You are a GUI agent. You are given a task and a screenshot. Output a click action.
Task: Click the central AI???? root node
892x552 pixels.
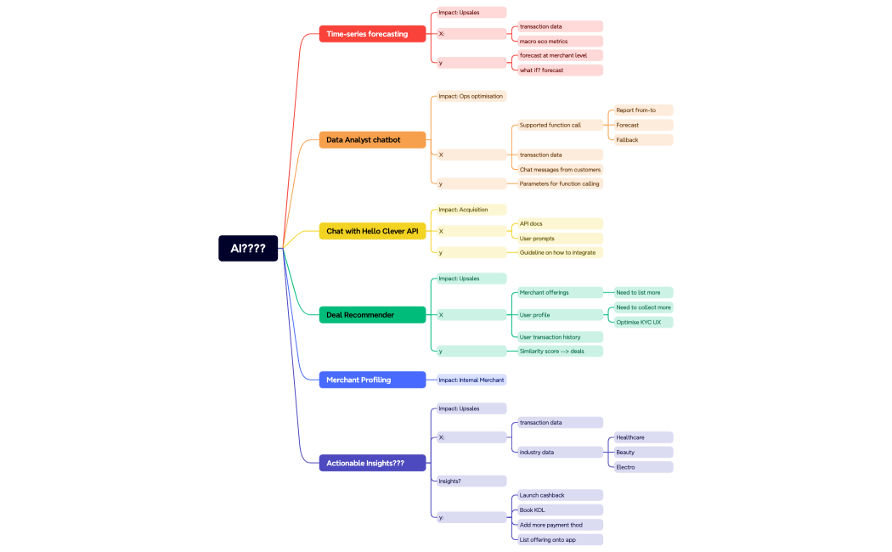click(x=248, y=248)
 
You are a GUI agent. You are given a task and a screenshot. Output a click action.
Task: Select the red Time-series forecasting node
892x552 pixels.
click(x=372, y=34)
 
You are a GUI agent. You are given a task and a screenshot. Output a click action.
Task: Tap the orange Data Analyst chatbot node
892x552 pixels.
click(x=372, y=139)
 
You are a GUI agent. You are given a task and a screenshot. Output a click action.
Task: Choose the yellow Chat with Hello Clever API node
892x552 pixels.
click(x=372, y=231)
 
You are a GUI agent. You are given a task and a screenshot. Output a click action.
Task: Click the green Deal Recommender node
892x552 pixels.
click(x=372, y=315)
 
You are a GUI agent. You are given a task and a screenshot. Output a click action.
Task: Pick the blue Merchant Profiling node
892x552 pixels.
click(x=372, y=380)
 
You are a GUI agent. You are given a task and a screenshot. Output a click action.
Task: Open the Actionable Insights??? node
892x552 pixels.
click(x=372, y=463)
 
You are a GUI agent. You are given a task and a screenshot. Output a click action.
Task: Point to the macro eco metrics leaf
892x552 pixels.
click(x=560, y=41)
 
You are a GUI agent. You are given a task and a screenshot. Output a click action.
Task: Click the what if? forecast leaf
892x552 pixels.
click(x=560, y=70)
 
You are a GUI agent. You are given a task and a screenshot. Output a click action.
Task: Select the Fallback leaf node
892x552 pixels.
click(x=642, y=140)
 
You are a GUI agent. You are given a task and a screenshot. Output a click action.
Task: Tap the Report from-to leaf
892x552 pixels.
click(x=642, y=110)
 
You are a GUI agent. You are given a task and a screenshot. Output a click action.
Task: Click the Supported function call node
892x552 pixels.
click(x=556, y=125)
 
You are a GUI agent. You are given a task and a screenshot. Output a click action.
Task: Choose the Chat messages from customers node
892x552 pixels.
click(x=560, y=170)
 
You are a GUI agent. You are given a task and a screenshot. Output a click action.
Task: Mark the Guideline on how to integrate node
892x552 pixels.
click(x=560, y=253)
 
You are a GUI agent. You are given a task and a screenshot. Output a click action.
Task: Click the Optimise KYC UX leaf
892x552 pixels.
click(x=642, y=323)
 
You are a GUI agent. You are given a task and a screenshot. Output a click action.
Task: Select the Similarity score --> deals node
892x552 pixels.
click(x=560, y=351)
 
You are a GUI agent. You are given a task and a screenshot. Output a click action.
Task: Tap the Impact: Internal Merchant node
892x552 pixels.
click(x=471, y=380)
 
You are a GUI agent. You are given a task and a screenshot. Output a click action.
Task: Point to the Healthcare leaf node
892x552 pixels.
click(x=642, y=437)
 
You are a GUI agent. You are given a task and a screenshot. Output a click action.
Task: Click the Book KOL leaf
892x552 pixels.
click(x=560, y=510)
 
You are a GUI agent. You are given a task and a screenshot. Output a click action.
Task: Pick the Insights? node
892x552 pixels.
click(x=471, y=481)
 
